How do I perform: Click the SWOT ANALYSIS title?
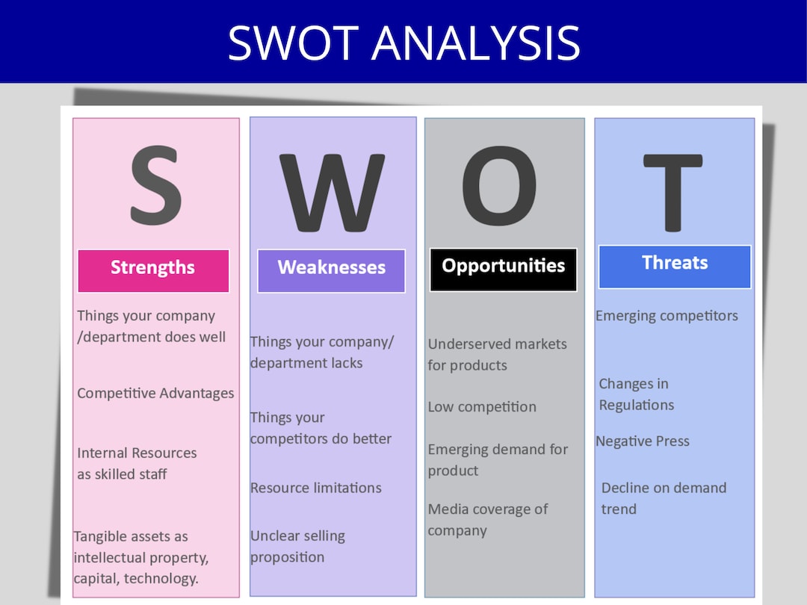(403, 42)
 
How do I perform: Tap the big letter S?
(155, 187)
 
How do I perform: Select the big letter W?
(332, 193)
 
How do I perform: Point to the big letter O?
(499, 186)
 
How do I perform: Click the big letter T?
(672, 193)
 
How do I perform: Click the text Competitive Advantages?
(155, 393)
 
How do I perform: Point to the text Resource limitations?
(315, 488)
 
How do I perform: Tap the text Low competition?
(482, 407)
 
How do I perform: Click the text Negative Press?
(642, 441)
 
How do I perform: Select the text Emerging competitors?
(667, 316)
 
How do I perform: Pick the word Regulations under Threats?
(636, 406)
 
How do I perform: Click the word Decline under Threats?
(625, 488)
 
